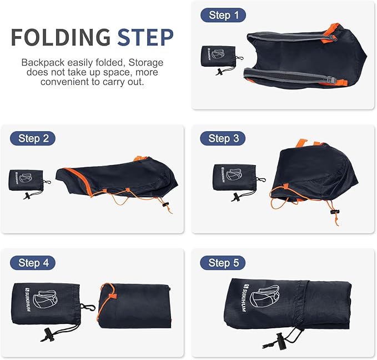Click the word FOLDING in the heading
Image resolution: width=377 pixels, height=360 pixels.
(61, 37)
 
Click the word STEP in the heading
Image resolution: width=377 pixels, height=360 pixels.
(145, 37)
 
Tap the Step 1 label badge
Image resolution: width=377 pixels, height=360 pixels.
(223, 15)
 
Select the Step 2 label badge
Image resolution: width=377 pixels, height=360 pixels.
(33, 138)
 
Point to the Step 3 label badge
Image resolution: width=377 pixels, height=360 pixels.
(223, 138)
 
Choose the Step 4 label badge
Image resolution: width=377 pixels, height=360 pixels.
(33, 262)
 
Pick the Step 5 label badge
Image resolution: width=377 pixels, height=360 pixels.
(223, 262)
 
